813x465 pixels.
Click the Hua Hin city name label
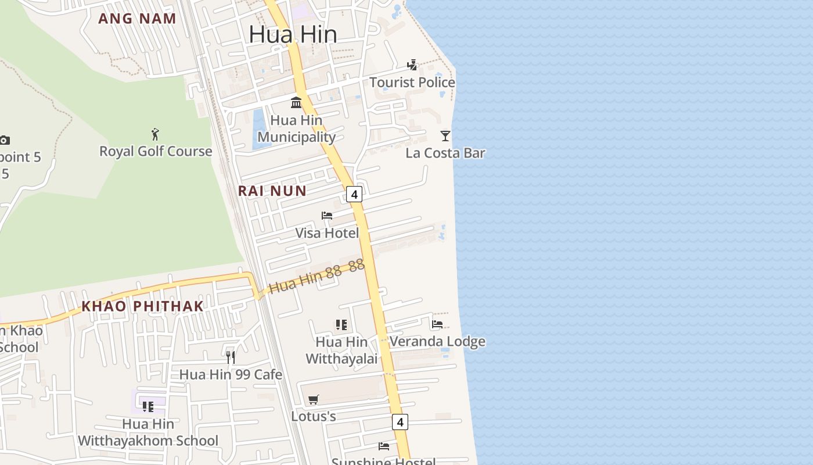293,35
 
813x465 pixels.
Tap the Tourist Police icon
412,65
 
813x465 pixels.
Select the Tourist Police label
412,83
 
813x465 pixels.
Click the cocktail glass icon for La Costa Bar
445,136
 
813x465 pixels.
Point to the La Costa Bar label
445,153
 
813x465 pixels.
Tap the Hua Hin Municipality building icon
296,103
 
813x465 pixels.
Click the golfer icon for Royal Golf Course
155,134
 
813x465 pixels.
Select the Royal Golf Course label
156,152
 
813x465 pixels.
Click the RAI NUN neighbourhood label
272,191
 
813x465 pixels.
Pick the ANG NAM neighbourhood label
137,19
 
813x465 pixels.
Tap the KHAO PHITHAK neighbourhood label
143,306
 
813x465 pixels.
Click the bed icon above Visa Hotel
327,216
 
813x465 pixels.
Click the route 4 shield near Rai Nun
354,194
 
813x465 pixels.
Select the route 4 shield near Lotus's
400,421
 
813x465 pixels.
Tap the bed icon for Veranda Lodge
437,324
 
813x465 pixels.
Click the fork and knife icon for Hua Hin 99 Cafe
231,357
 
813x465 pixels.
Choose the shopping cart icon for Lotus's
314,399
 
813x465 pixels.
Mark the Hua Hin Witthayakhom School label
148,432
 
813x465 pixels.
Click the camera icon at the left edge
4,140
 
